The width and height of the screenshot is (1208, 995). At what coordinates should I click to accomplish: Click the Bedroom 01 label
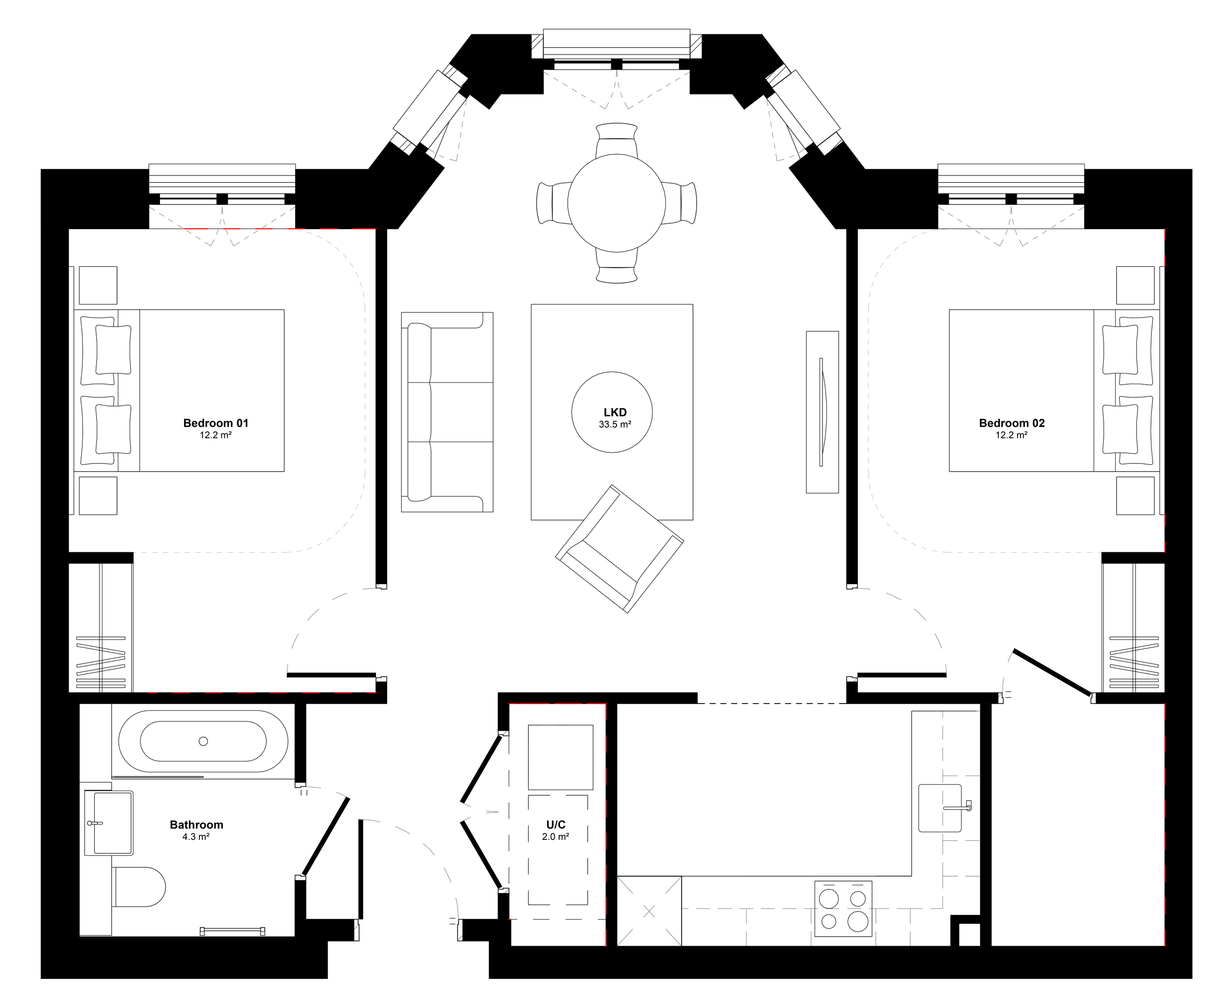point(216,423)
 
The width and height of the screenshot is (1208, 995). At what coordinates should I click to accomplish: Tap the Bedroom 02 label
point(1011,423)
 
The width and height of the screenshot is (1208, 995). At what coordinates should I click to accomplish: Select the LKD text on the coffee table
point(615,412)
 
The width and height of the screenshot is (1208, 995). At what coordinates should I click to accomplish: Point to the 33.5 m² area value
point(615,425)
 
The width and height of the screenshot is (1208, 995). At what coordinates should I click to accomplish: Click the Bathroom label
point(196,825)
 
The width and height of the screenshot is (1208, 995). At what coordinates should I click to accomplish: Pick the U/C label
point(555,825)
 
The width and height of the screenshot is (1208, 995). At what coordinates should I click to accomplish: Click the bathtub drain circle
point(203,741)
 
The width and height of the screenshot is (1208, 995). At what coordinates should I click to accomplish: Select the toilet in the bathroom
point(139,886)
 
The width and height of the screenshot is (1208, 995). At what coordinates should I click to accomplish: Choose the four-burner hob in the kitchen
point(843,908)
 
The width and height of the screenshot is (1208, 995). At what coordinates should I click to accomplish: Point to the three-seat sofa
point(447,412)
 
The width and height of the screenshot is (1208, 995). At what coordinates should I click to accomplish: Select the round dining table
point(617,202)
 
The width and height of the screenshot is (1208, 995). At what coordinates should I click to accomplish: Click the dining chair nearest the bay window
point(617,139)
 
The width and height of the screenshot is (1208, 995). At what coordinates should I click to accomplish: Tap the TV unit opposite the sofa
point(822,412)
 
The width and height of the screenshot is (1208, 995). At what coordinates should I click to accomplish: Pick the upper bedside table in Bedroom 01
point(98,285)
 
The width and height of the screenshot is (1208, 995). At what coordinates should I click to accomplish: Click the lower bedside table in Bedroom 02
point(1135,496)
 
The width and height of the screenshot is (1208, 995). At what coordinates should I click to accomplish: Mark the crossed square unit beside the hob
point(649,911)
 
